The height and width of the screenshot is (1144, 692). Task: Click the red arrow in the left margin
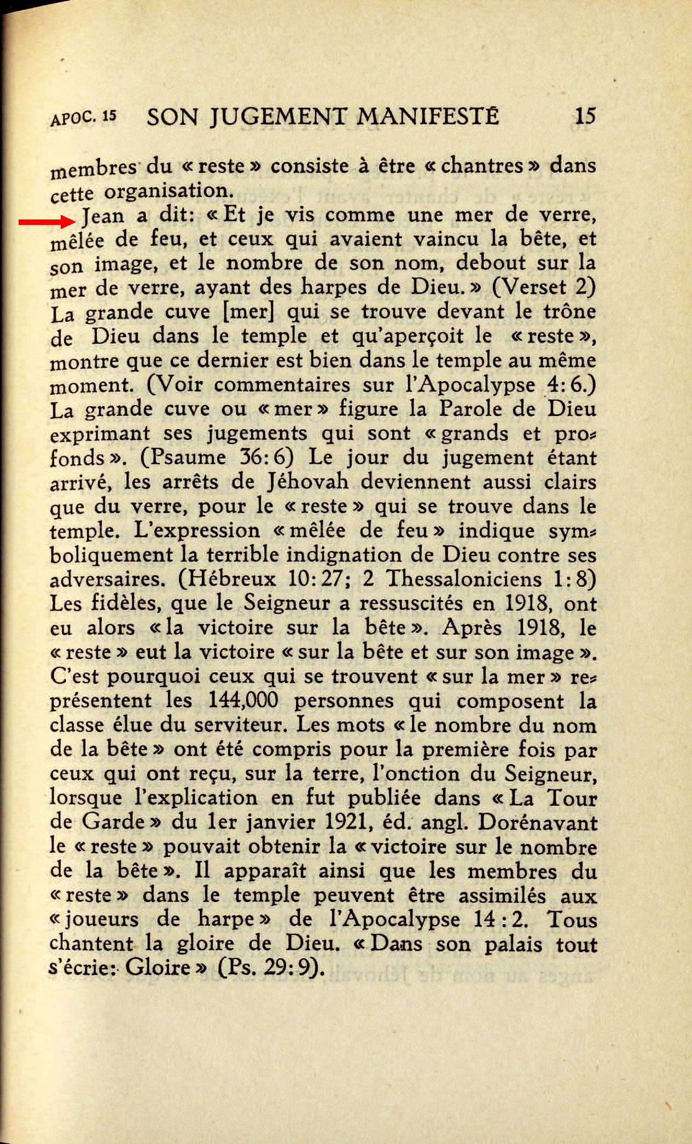click(x=46, y=222)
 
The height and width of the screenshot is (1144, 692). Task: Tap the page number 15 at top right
click(x=585, y=116)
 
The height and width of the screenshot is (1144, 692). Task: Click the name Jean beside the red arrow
click(x=103, y=217)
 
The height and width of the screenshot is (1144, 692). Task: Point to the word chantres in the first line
click(x=481, y=166)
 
